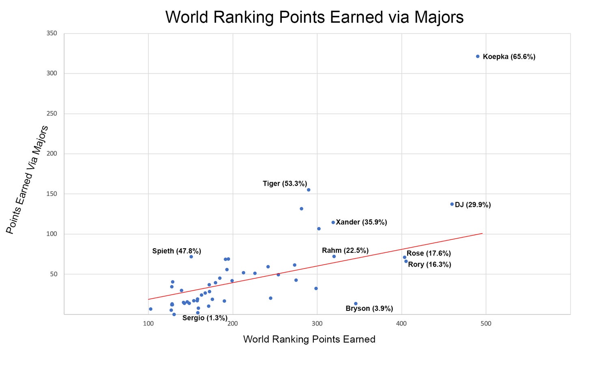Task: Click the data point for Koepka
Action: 477,56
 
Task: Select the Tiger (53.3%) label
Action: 285,184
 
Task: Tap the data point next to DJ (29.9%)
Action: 452,204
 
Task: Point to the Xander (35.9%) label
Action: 361,222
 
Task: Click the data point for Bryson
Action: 356,304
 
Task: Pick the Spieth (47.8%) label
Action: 177,251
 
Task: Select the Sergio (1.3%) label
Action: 205,318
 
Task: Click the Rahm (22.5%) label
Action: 345,250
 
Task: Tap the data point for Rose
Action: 404,257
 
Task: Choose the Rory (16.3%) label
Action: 430,265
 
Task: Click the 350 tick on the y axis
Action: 52,33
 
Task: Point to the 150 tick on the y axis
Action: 52,194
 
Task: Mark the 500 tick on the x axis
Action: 486,324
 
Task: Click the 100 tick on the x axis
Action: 148,324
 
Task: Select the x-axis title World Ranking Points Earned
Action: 309,339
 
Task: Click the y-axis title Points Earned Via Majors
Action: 27,180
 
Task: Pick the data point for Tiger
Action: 309,190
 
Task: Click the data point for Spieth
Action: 191,256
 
